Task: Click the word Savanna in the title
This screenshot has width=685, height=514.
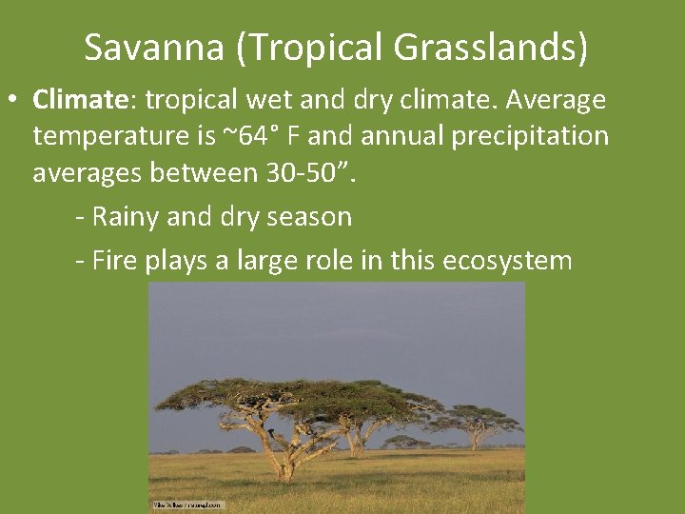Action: point(155,47)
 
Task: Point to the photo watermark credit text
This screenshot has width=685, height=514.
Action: point(187,505)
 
